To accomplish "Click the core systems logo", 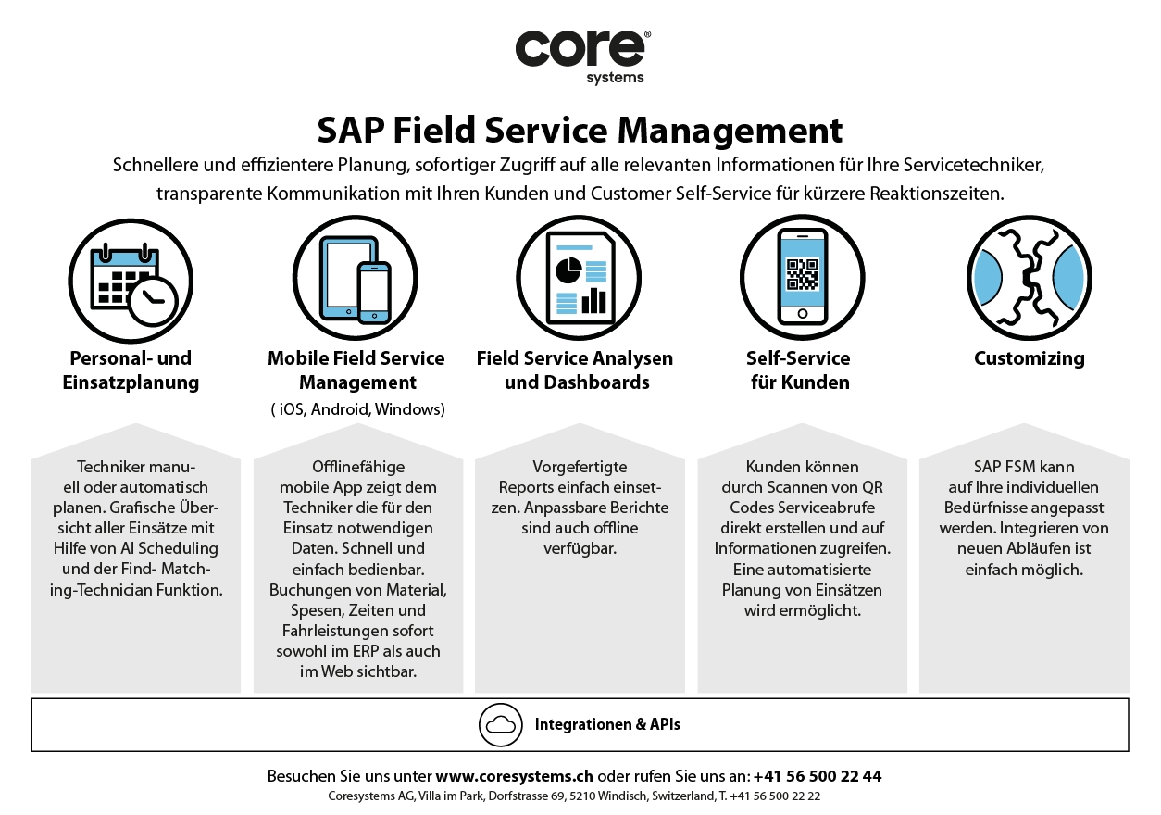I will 581,55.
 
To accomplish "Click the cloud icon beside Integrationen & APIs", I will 501,724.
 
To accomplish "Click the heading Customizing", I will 1029,358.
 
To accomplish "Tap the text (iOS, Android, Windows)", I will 357,409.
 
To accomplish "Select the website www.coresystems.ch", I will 514,776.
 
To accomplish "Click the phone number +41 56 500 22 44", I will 818,776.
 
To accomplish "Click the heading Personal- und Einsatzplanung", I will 131,370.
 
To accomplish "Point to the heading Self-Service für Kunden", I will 798,370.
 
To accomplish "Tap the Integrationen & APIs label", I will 607,724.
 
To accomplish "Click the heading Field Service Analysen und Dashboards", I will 575,370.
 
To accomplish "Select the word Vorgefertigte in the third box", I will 580,467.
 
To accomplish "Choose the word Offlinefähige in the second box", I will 357,467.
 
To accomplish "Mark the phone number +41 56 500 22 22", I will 776,796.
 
